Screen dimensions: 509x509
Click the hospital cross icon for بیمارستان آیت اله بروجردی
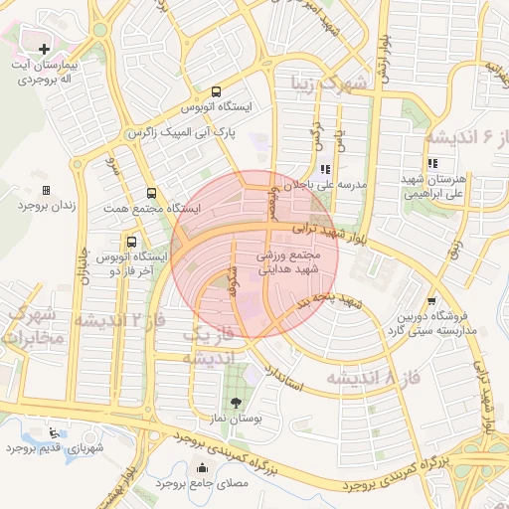[44, 48]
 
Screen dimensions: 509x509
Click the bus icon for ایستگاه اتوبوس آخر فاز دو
[132, 242]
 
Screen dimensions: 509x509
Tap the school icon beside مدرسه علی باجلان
[325, 169]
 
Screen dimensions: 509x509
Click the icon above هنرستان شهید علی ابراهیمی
[431, 164]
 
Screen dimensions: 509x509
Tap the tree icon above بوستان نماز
[236, 403]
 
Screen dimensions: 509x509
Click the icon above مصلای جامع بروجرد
[203, 468]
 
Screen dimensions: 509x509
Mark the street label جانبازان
[85, 267]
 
